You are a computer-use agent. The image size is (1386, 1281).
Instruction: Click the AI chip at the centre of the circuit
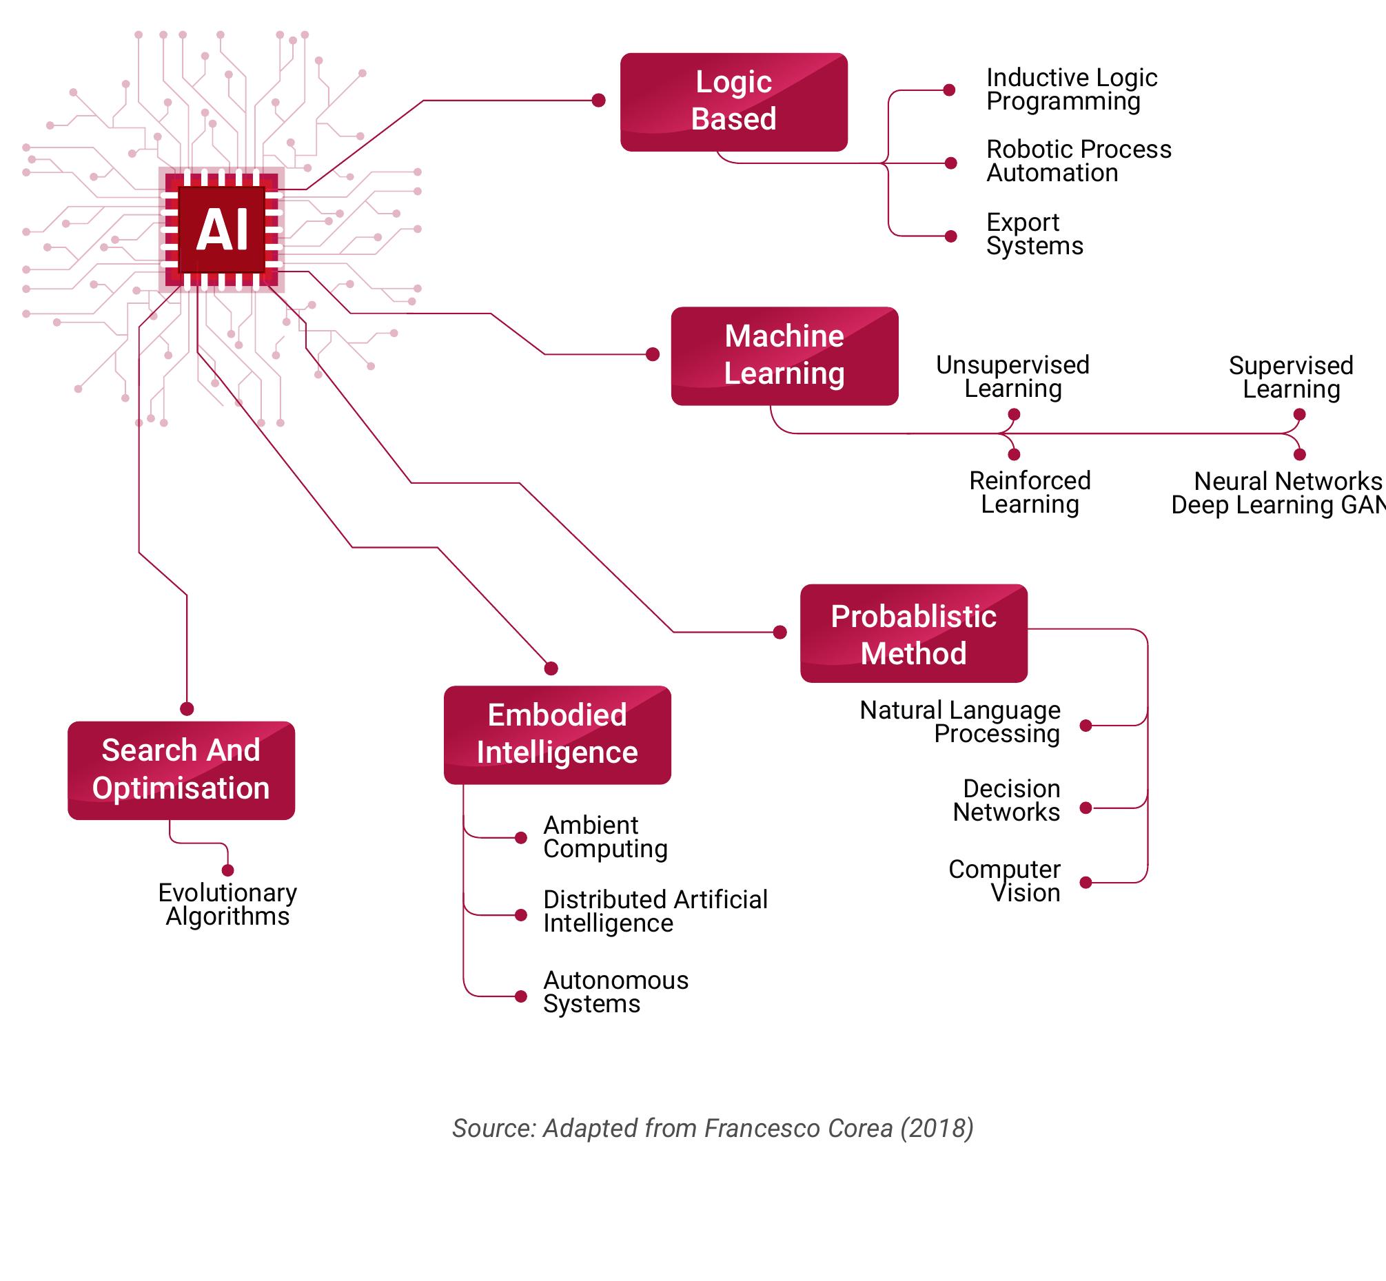pyautogui.click(x=222, y=229)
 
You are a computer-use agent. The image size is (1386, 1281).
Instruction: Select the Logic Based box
pyautogui.click(x=733, y=102)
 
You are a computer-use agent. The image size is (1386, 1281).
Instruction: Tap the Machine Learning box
pyautogui.click(x=784, y=356)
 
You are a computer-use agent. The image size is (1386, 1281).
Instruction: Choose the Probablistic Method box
pyautogui.click(x=913, y=633)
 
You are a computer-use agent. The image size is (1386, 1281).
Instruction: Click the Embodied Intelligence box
pyautogui.click(x=557, y=735)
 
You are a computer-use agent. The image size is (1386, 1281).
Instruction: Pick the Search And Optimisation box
pyautogui.click(x=181, y=770)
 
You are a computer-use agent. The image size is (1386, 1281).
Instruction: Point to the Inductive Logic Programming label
pyautogui.click(x=1071, y=90)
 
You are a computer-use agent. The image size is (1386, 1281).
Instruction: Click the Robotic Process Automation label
pyautogui.click(x=1078, y=161)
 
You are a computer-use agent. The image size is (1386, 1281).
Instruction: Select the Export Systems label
pyautogui.click(x=1034, y=234)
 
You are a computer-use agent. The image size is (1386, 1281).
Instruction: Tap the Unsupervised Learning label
pyautogui.click(x=1012, y=377)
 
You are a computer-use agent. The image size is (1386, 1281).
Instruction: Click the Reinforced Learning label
pyautogui.click(x=1030, y=493)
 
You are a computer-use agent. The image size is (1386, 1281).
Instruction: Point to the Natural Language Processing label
pyautogui.click(x=960, y=722)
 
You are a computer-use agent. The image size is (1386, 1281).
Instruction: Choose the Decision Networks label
pyautogui.click(x=1007, y=801)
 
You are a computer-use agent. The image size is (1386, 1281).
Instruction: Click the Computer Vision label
pyautogui.click(x=1005, y=881)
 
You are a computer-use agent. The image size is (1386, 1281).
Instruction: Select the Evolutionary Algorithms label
pyautogui.click(x=227, y=905)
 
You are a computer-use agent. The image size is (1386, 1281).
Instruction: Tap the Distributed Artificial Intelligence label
pyautogui.click(x=655, y=912)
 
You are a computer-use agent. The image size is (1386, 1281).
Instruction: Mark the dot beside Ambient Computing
pyautogui.click(x=521, y=838)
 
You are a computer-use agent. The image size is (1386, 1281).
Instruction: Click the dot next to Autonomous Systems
pyautogui.click(x=521, y=996)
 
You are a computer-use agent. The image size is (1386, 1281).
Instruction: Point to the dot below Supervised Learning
pyautogui.click(x=1299, y=415)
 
